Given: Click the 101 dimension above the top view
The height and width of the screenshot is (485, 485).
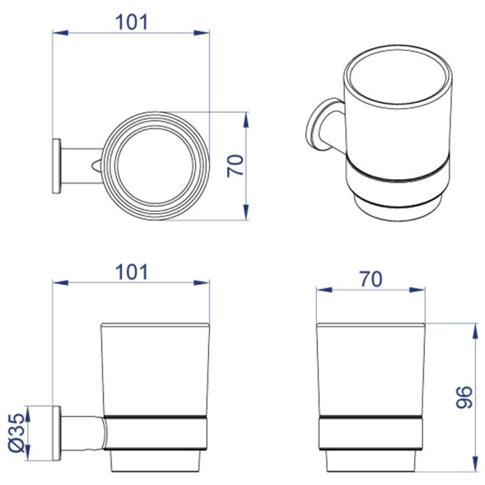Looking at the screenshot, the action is click(x=132, y=22).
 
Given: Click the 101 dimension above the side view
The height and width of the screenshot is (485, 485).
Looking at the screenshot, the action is click(x=132, y=273).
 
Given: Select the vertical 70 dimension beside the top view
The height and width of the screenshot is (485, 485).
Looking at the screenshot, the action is click(x=236, y=166).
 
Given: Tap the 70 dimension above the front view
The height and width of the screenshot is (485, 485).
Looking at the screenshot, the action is click(x=371, y=278).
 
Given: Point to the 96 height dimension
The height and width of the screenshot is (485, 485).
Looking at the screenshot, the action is click(x=465, y=398).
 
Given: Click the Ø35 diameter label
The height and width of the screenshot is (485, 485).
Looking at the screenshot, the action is click(x=16, y=432).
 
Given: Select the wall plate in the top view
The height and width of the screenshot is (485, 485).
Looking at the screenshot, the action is click(x=57, y=166).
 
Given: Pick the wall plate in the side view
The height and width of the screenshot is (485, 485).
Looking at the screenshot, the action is click(x=57, y=433).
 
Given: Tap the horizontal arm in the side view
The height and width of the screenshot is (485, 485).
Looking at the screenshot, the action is click(x=82, y=433).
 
